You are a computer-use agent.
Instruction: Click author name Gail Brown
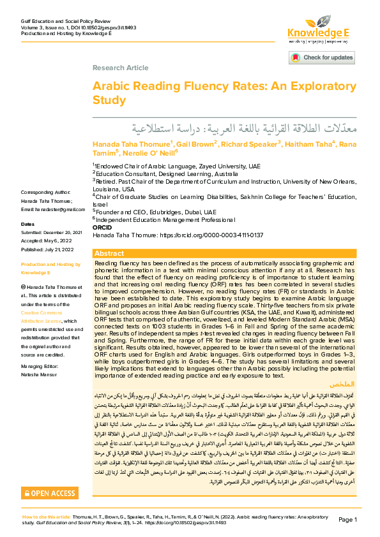coord(195,143)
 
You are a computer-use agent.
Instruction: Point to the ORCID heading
coord(102,227)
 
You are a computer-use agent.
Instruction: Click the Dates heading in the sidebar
coord(27,224)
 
